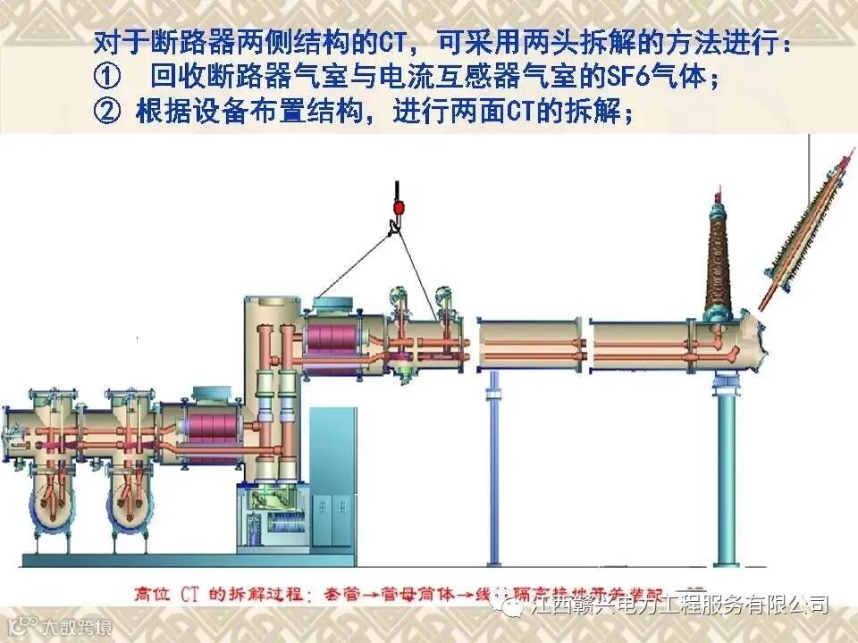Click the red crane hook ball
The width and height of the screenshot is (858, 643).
pyautogui.click(x=398, y=208)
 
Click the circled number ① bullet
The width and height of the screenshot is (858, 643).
pyautogui.click(x=105, y=79)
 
